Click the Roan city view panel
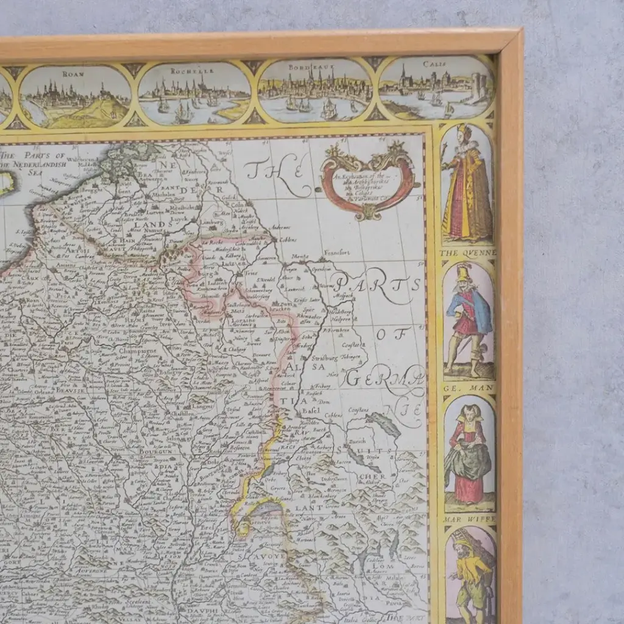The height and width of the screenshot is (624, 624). click(75, 96)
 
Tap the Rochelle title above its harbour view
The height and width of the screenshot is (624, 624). click(193, 71)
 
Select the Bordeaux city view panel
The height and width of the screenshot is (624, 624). click(315, 91)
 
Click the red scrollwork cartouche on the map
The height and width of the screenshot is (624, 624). click(369, 181)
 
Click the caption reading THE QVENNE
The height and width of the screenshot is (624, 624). click(468, 253)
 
